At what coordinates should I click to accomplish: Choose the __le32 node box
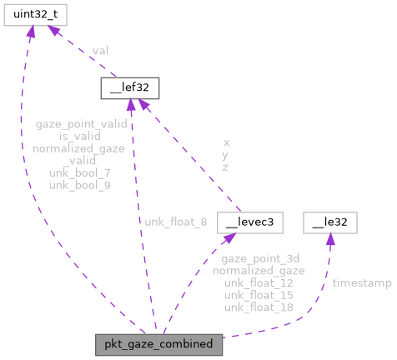(330, 222)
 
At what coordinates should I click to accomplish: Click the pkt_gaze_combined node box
(158, 343)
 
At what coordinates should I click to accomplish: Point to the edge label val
(100, 51)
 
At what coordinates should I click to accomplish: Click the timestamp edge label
(362, 283)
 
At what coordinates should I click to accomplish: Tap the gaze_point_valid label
(81, 124)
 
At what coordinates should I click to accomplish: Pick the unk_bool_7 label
(80, 172)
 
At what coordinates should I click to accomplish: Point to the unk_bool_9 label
(80, 184)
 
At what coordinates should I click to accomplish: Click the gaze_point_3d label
(258, 259)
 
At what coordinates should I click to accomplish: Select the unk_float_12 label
(258, 283)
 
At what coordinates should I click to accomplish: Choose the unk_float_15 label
(258, 295)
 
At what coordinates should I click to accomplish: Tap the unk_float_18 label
(258, 307)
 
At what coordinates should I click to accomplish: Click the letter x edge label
(225, 142)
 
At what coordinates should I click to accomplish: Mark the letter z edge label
(225, 167)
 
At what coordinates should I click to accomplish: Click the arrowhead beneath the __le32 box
(329, 241)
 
